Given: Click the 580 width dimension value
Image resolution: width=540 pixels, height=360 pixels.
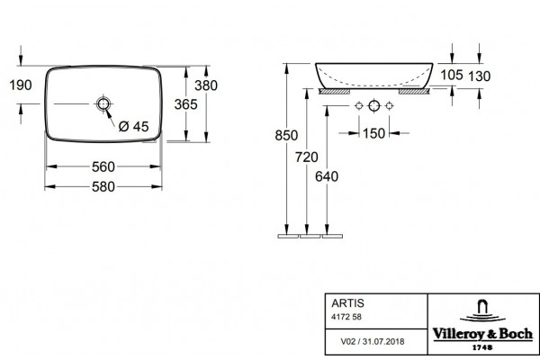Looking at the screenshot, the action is [103, 186].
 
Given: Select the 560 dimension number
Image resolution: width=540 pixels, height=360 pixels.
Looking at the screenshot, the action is [103, 167].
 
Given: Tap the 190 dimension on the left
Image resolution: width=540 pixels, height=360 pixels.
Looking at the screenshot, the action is [21, 85].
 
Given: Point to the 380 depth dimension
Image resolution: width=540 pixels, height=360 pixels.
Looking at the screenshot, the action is [206, 85].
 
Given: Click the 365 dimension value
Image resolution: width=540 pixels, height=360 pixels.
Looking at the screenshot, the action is [186, 104].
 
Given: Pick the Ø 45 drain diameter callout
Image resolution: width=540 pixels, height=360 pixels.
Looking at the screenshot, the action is [133, 126].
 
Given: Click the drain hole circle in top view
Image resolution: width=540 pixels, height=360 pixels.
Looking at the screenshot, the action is [103, 103].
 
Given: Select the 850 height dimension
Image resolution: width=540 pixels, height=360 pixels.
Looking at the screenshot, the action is [286, 135].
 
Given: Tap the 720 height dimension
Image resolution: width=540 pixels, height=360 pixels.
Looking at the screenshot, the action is [307, 157].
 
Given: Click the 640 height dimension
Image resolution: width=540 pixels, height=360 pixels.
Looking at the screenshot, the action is [327, 176].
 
